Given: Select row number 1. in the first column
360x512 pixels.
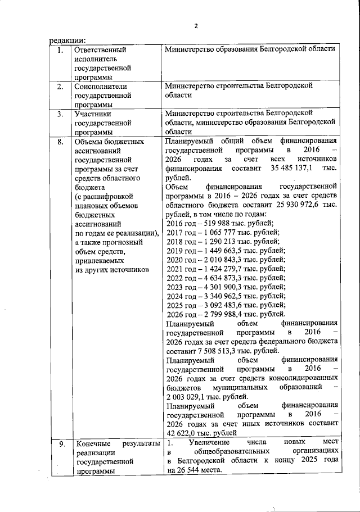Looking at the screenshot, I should pyautogui.click(x=60, y=49).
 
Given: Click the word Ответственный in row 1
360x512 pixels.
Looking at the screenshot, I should pyautogui.click(x=100, y=49).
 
